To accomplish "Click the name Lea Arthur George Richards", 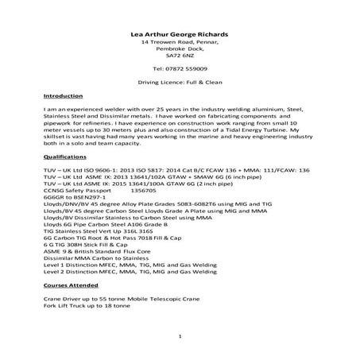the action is pyautogui.click(x=180, y=34).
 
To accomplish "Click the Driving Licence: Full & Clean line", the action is pyautogui.click(x=180, y=82).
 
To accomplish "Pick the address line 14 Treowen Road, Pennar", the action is pyautogui.click(x=180, y=42).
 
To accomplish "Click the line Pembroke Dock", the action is pyautogui.click(x=180, y=49).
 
